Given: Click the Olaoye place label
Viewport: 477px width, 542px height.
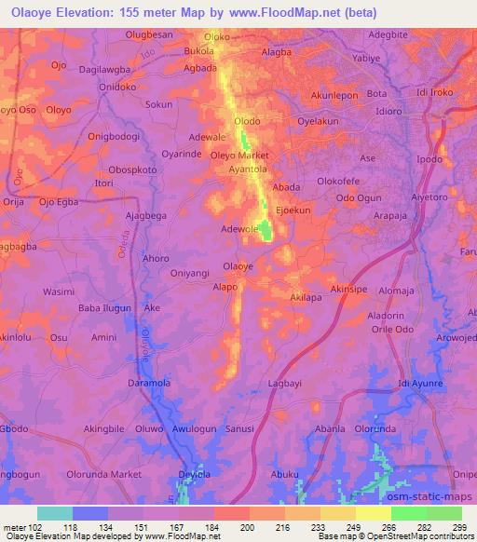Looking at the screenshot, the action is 238,266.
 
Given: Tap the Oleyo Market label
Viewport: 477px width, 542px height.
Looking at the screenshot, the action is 239,155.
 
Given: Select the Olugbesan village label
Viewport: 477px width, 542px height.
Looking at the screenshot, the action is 149,34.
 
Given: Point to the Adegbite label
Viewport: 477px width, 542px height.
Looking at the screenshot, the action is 389,34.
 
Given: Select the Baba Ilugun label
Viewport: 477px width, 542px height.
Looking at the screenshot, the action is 104,308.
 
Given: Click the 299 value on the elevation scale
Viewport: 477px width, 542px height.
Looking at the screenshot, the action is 459,527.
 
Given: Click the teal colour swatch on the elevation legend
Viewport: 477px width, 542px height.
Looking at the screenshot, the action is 55,513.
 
